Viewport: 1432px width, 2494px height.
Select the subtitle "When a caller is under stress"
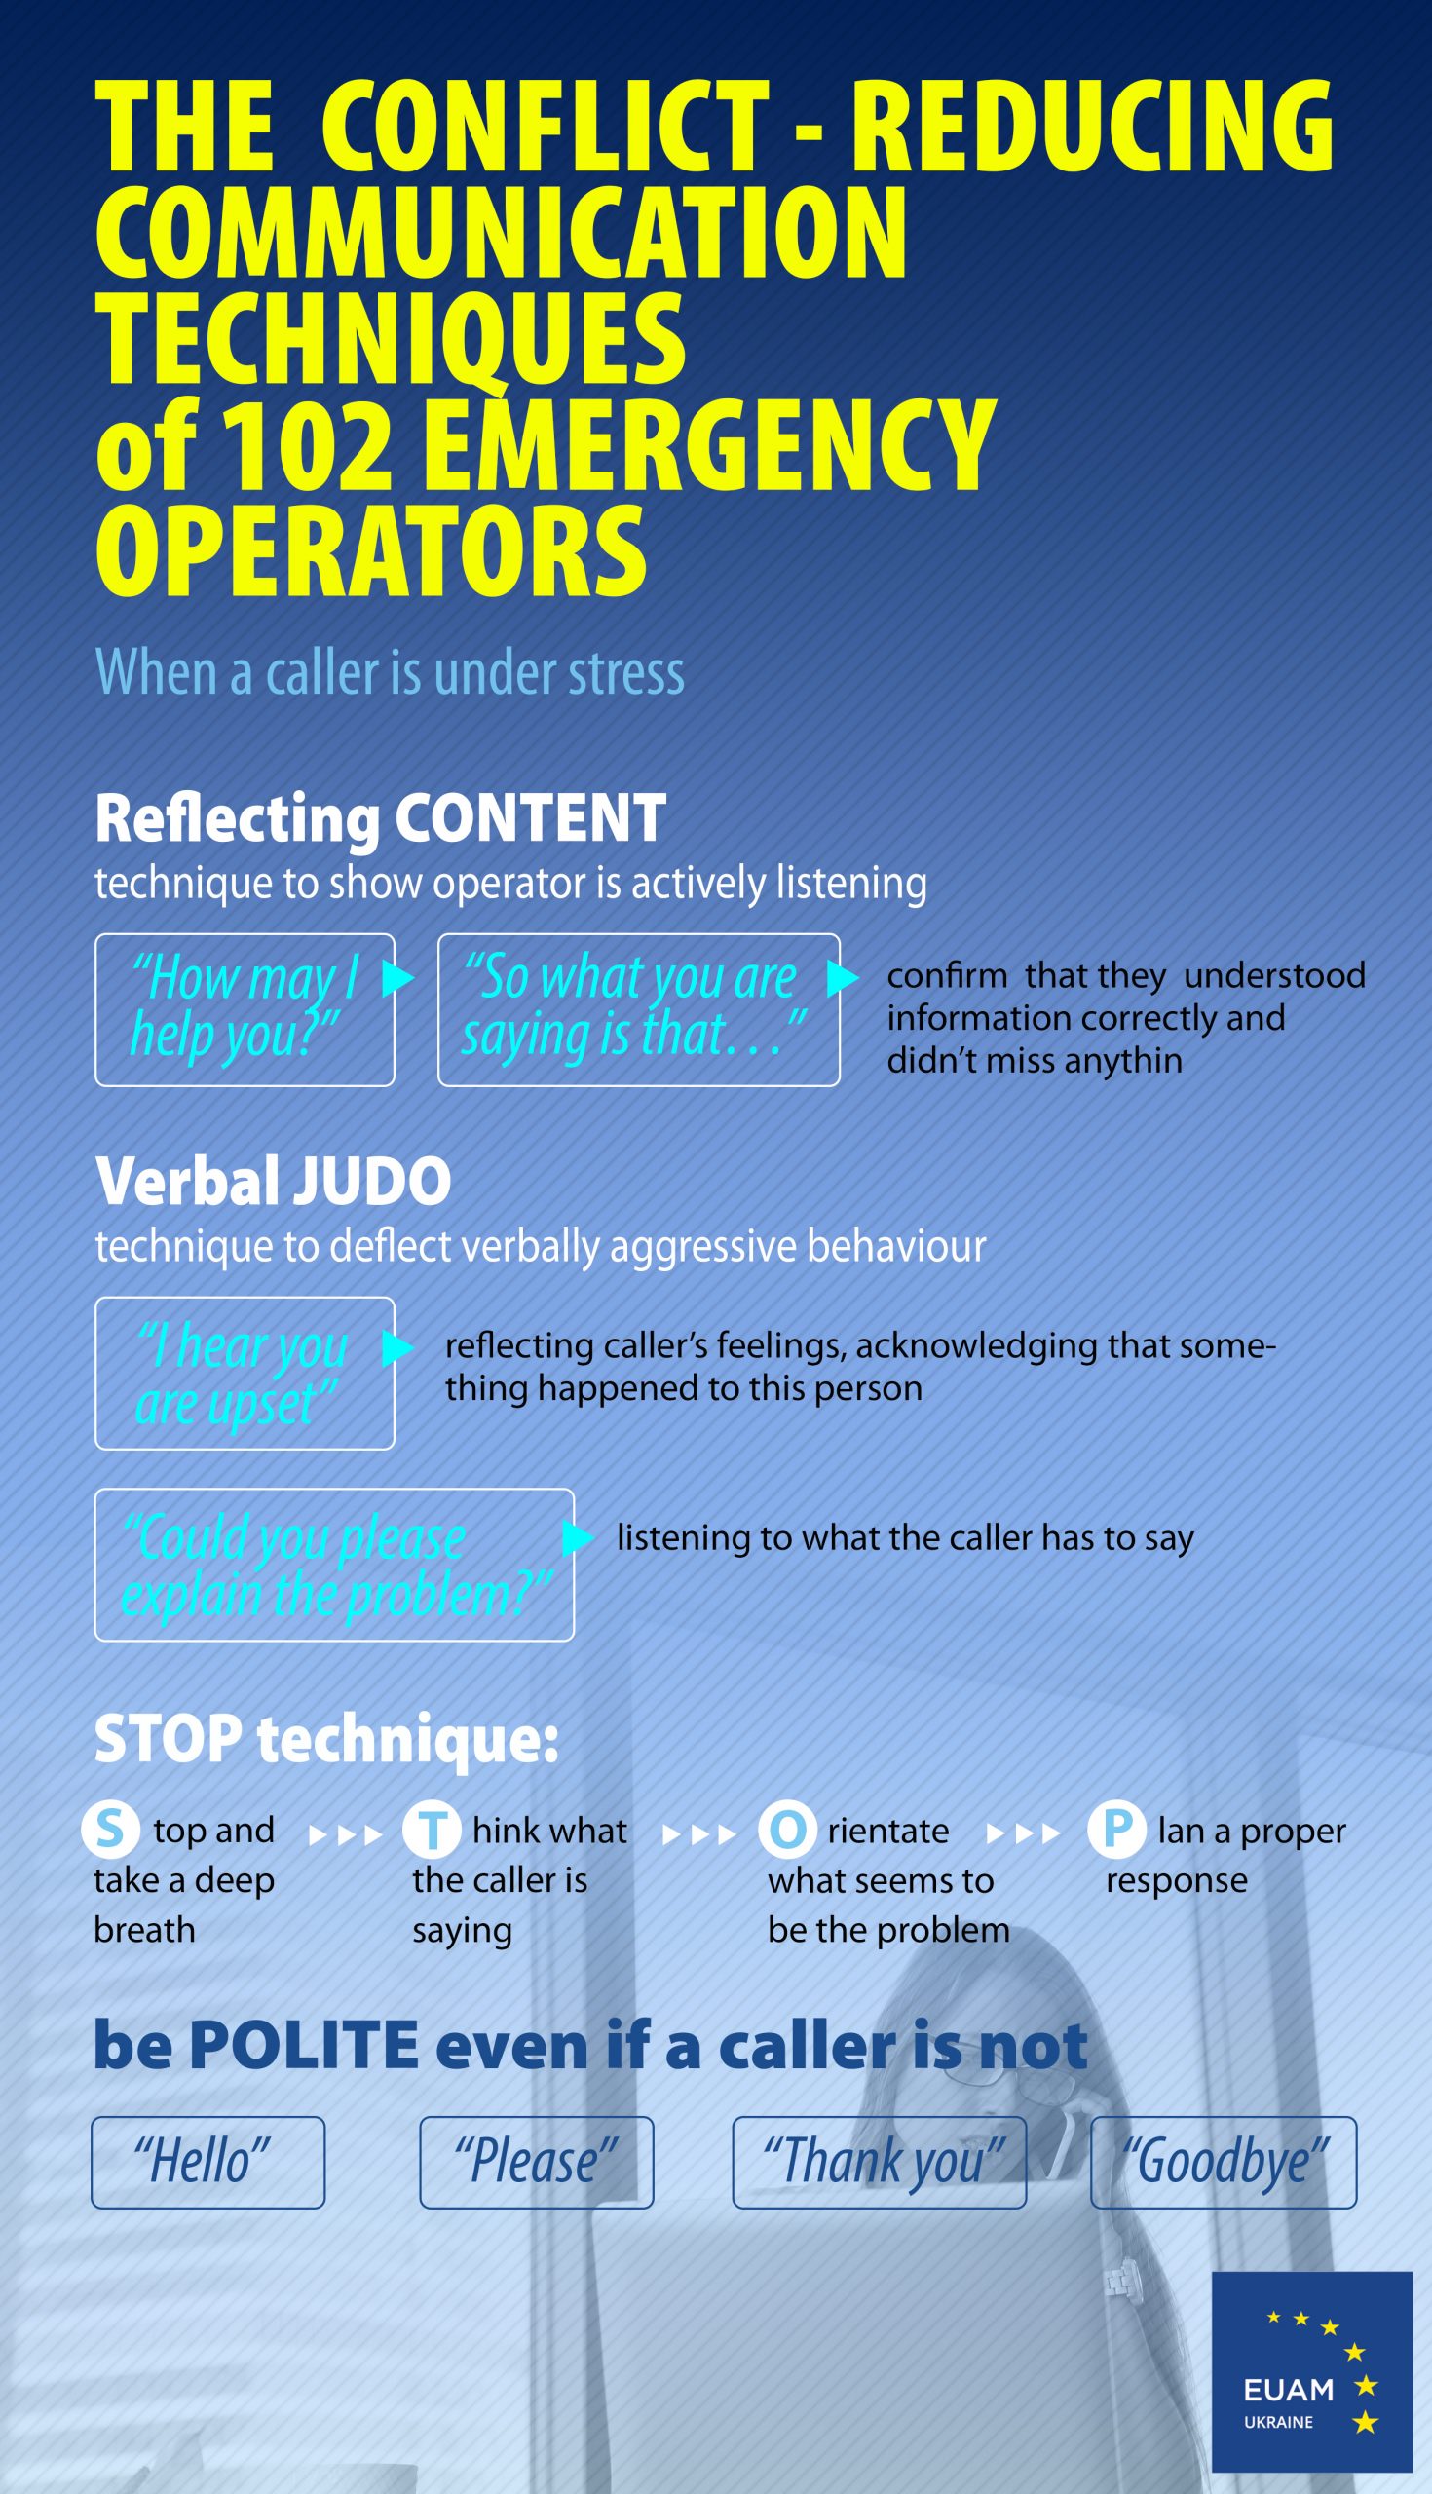coord(390,672)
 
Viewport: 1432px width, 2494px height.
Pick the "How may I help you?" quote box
coord(245,1010)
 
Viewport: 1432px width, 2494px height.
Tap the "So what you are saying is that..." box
coord(638,1010)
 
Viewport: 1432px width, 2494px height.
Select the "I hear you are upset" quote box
coord(245,1373)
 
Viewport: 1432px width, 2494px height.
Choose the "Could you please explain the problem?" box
coord(334,1565)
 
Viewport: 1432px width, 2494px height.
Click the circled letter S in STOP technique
coord(110,1830)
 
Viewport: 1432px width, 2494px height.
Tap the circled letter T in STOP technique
coord(432,1831)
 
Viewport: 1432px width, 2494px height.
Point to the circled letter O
coord(787,1831)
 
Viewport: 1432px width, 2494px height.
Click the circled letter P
coord(1116,1830)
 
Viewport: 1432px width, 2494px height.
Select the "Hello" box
coord(208,2162)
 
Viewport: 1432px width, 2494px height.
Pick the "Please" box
coord(537,2162)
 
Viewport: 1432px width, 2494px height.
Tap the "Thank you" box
coord(880,2162)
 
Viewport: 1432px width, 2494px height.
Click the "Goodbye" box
coord(1224,2162)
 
